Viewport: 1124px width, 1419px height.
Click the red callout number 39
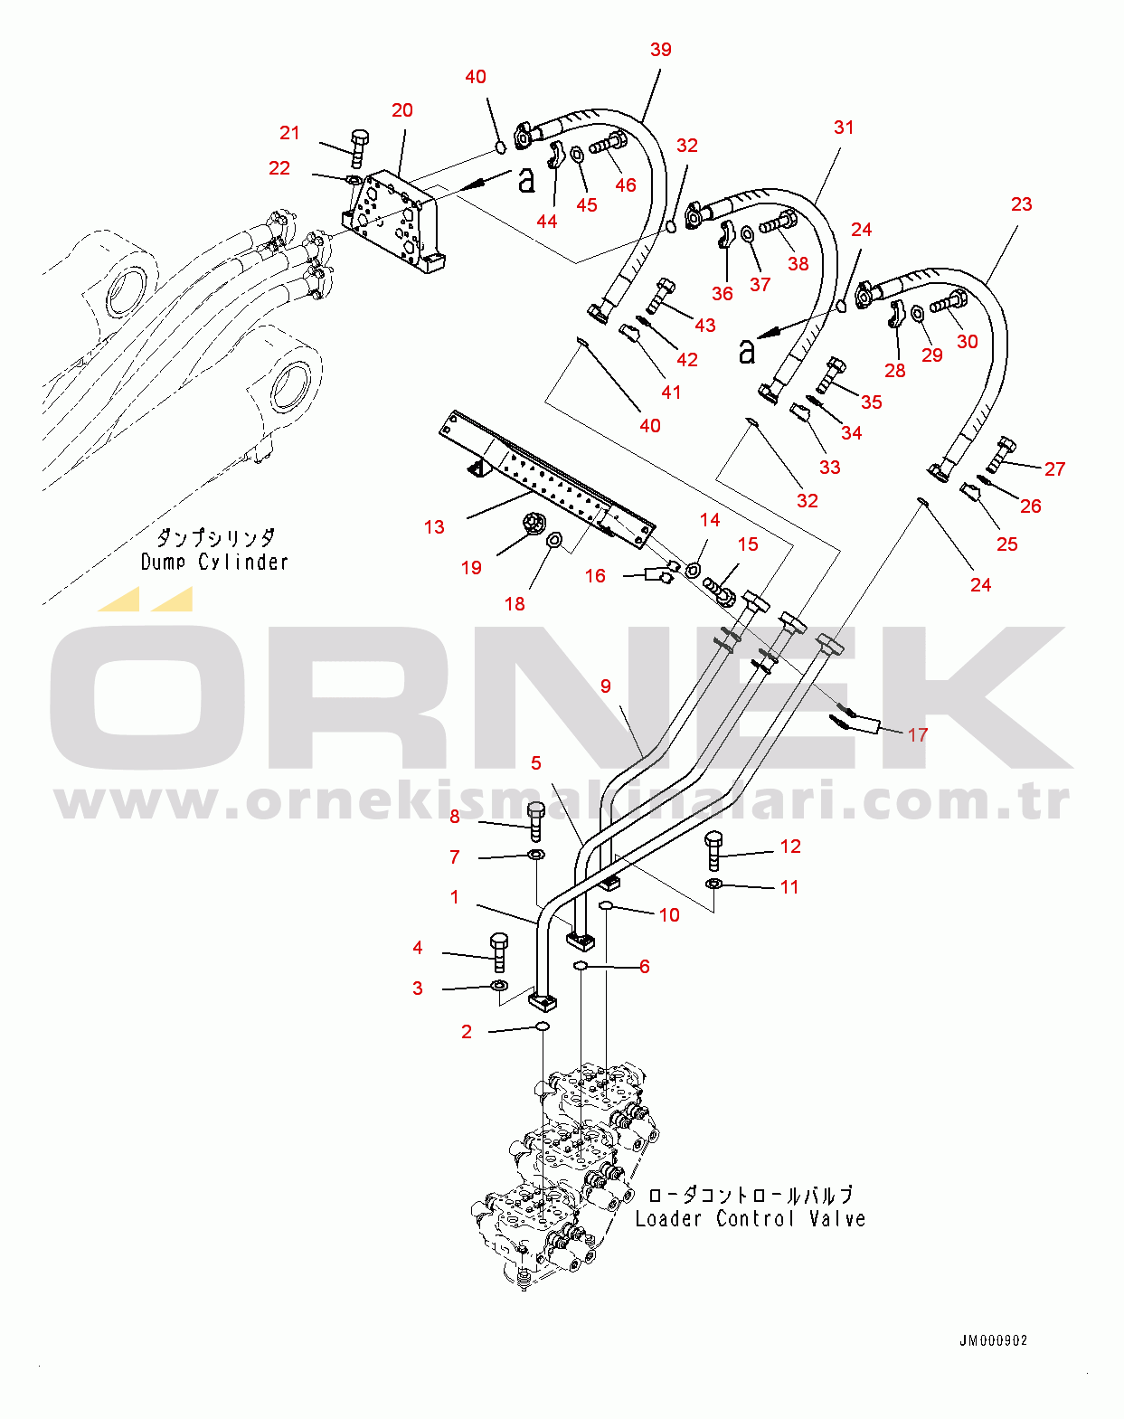pos(661,50)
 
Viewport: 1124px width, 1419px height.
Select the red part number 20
pos(401,110)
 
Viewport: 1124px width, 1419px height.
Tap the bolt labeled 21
pos(358,148)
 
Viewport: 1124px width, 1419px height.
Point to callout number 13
pos(434,527)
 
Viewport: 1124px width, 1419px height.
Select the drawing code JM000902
pos(993,1340)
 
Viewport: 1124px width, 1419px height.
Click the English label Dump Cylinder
pos(214,562)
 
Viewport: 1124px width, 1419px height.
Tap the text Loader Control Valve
pos(750,1218)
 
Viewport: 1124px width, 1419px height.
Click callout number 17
pos(918,734)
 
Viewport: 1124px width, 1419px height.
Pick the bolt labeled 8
pos(535,819)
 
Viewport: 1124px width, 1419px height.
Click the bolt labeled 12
pos(713,849)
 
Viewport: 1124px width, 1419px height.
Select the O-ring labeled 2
pos(543,1026)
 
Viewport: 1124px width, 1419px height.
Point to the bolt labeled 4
pos(499,952)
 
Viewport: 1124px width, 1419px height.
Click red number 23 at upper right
pos(1021,204)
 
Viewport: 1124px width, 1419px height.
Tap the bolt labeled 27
pos(1001,454)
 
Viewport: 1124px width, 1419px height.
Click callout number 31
pos(843,128)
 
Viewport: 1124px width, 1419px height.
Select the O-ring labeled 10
pos(607,905)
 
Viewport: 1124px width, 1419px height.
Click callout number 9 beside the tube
pos(605,686)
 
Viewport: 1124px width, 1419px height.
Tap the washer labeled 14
pos(693,569)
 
